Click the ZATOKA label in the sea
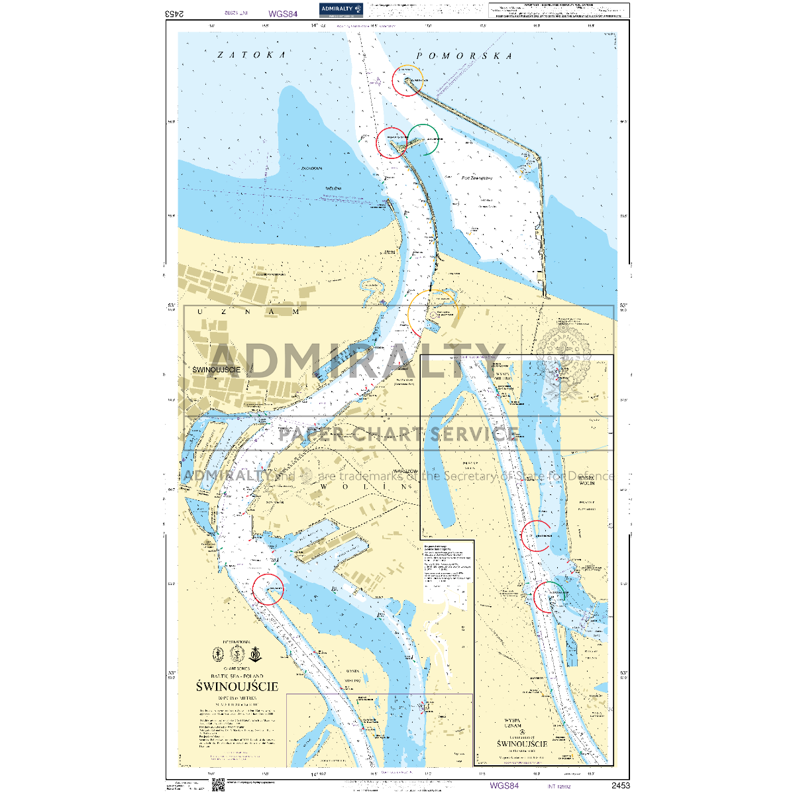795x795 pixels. point(252,55)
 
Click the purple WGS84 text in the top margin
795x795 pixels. point(284,13)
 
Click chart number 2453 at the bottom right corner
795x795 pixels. point(620,786)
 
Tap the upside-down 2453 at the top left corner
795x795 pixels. point(174,13)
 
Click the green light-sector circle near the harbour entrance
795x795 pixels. point(423,139)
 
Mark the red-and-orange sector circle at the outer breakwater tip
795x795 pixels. point(407,81)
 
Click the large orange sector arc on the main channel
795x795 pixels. point(432,313)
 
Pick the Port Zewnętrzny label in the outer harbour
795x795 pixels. point(476,178)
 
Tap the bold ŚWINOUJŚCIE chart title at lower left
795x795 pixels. point(237,686)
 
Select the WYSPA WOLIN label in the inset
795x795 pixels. point(586,480)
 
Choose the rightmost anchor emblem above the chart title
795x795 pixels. point(255,654)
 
